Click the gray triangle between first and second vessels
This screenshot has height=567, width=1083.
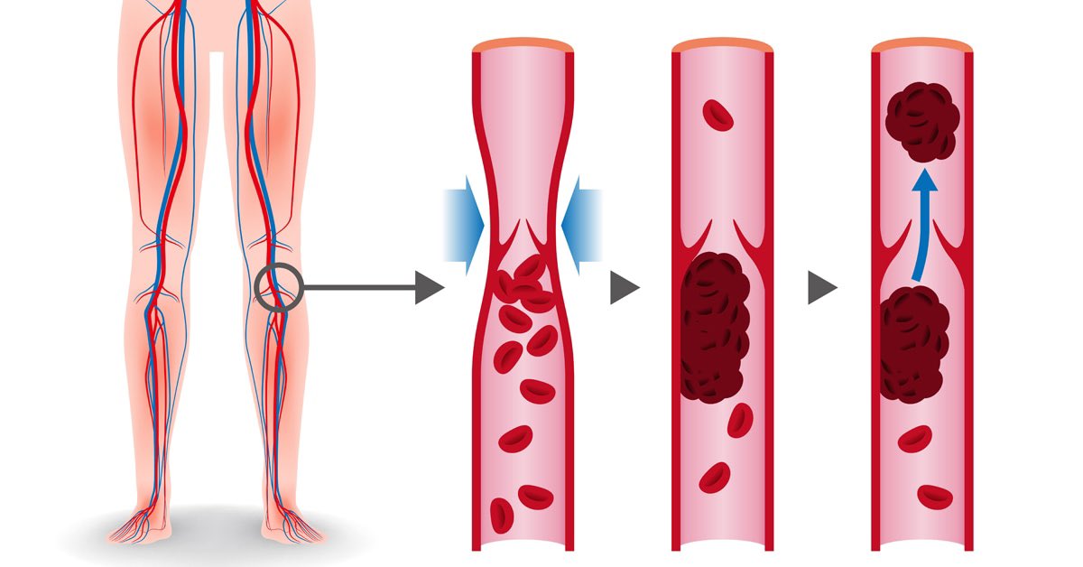[x=624, y=289]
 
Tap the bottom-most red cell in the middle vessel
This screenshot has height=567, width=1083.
[x=715, y=477]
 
